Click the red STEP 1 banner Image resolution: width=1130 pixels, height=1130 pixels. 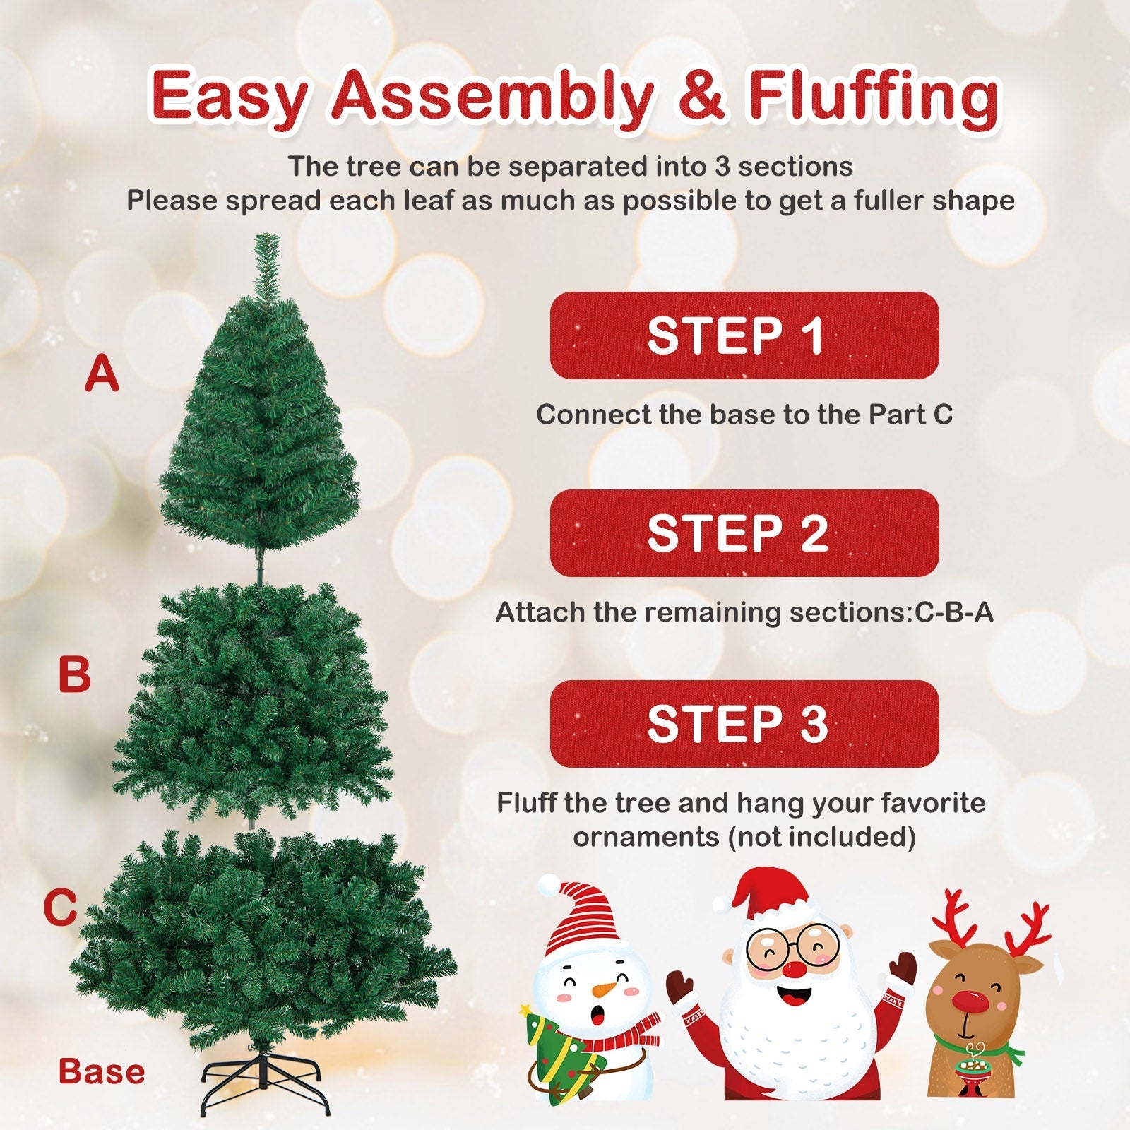[x=744, y=335]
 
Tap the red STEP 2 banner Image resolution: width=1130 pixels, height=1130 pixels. [x=744, y=533]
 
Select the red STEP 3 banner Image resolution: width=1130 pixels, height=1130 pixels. [x=744, y=724]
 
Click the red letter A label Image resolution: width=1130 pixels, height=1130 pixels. [x=102, y=374]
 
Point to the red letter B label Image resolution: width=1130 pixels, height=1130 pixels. [x=74, y=674]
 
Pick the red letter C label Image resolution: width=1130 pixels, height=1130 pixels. [x=60, y=908]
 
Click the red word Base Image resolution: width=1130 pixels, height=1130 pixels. [x=102, y=1071]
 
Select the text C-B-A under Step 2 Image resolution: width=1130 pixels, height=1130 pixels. [x=954, y=612]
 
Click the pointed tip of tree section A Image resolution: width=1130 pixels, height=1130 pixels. [x=266, y=235]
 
